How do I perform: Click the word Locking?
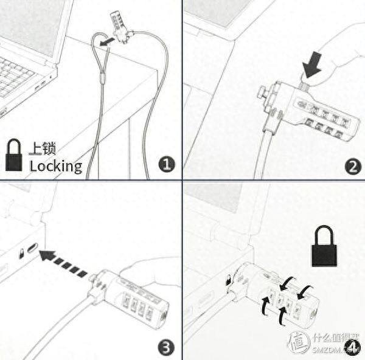click(55, 165)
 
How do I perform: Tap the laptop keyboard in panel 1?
click(18, 76)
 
